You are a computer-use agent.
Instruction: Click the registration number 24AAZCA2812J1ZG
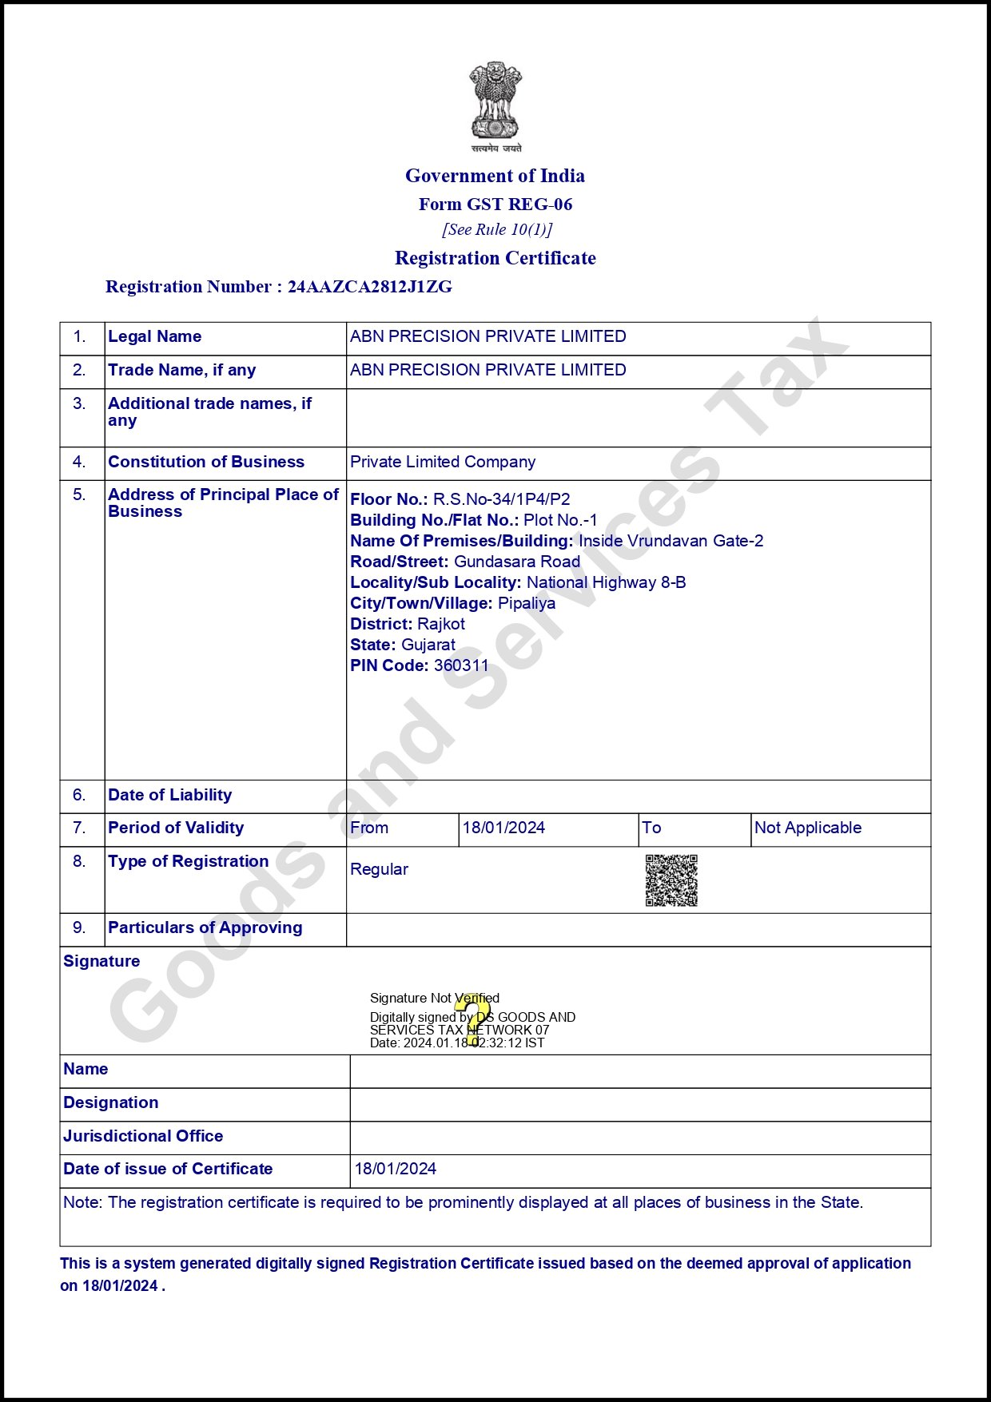(369, 287)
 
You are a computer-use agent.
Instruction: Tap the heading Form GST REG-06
(495, 205)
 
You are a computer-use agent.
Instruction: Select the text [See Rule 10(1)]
(497, 230)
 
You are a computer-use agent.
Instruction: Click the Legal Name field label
(154, 336)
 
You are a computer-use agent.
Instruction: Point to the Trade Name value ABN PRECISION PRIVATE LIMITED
(488, 370)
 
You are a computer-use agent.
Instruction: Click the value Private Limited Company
(443, 462)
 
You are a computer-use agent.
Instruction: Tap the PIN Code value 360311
(461, 665)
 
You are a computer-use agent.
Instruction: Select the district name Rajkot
(441, 624)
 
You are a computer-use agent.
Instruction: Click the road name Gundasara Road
(517, 562)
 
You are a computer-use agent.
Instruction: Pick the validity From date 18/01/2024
(503, 828)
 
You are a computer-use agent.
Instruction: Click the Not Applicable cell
(808, 828)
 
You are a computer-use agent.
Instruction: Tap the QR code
(671, 880)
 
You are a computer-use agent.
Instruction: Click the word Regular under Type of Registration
(379, 869)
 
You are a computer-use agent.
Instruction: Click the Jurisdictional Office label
(143, 1136)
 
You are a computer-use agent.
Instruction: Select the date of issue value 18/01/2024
(396, 1169)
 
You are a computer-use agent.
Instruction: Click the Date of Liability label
(169, 795)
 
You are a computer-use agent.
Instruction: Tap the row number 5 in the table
(79, 494)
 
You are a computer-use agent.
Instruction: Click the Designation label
(110, 1102)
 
